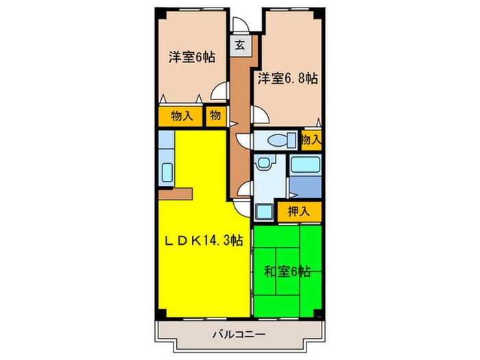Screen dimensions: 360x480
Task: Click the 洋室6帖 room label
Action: pyautogui.click(x=192, y=58)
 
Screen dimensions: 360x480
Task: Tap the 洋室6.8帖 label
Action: pyautogui.click(x=287, y=79)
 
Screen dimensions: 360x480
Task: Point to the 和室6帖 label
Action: pyautogui.click(x=287, y=272)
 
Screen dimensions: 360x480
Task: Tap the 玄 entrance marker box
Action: pyautogui.click(x=241, y=46)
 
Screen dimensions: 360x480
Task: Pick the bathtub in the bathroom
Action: pyautogui.click(x=305, y=165)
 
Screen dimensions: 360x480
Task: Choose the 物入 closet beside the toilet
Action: pyautogui.click(x=311, y=140)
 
